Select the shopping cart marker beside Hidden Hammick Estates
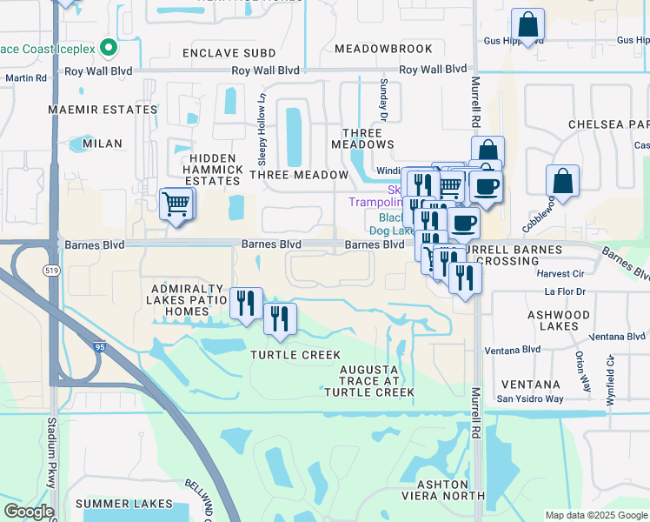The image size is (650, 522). [x=176, y=204]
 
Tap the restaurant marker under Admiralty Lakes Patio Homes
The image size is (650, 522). [x=246, y=303]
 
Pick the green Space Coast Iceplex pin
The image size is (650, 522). [x=108, y=46]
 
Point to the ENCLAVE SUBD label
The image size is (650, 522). [x=229, y=54]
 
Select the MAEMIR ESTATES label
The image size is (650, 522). [x=103, y=110]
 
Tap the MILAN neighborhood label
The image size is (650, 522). [x=103, y=143]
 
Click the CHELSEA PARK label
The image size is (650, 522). [x=608, y=125]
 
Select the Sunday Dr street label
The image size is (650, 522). [x=382, y=97]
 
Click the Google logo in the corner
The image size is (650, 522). [x=29, y=512]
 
